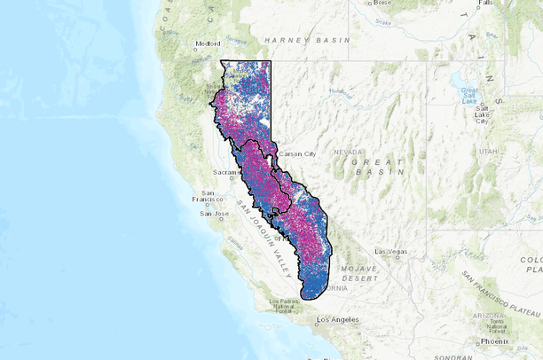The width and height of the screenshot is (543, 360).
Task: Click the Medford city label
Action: point(209,43)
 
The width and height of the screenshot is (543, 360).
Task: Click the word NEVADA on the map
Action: point(349,152)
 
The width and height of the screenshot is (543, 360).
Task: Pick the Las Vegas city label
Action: point(390,252)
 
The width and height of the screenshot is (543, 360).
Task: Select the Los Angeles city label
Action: point(336,319)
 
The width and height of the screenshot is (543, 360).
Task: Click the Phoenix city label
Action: point(494,341)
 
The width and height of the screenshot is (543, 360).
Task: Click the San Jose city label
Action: point(215,213)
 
